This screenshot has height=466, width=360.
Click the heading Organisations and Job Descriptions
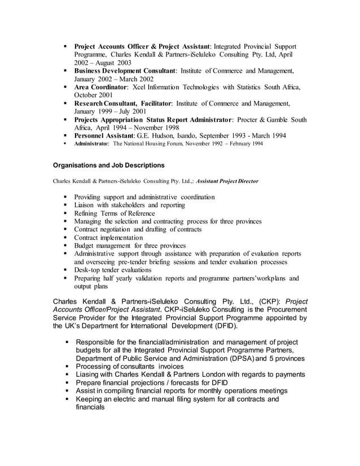(x=108, y=165)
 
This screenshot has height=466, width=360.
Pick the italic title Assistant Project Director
(x=227, y=181)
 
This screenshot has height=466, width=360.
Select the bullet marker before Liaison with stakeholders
(x=66, y=205)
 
